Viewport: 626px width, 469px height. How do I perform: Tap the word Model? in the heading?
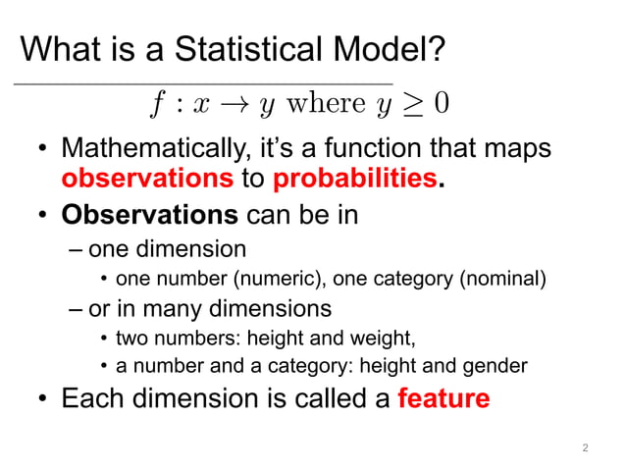[391, 47]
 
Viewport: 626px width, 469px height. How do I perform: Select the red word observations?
[146, 179]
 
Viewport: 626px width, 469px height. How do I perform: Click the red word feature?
[443, 398]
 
